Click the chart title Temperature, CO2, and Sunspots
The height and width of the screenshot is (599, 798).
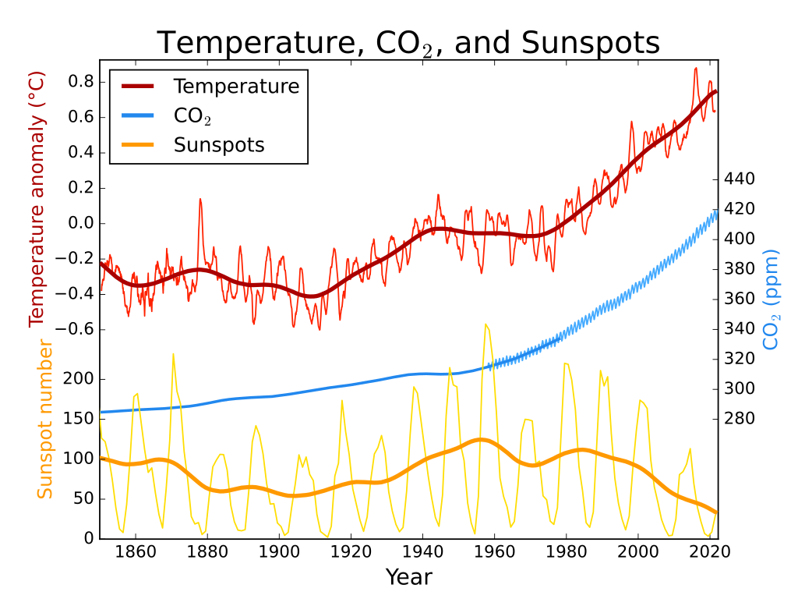[408, 43]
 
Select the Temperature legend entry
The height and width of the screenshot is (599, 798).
[235, 86]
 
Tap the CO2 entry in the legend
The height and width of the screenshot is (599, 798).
[192, 116]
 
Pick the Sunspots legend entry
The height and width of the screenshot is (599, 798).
[218, 145]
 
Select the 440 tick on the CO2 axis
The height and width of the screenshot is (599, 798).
[740, 179]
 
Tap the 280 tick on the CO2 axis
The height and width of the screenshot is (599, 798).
[740, 419]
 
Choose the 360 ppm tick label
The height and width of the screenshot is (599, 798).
[740, 299]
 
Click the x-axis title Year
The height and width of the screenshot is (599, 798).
[408, 577]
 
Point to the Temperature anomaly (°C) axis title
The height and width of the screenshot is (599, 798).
[37, 199]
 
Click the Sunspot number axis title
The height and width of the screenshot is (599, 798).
[45, 419]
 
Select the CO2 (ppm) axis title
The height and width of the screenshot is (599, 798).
[771, 299]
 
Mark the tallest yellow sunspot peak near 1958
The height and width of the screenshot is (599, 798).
[486, 324]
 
